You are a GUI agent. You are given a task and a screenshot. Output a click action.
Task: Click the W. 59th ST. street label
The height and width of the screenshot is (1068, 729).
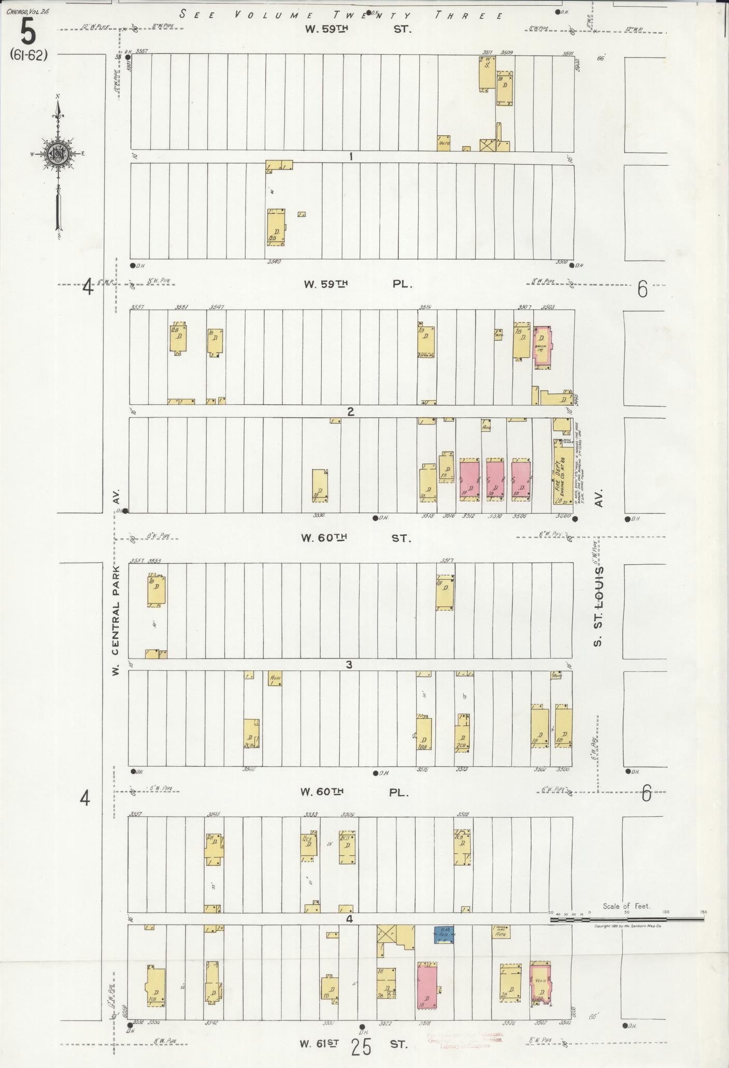[x=358, y=29]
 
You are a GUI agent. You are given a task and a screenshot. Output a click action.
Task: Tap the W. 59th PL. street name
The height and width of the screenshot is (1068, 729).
[x=358, y=284]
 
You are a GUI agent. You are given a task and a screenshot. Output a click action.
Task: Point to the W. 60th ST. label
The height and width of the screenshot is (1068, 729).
[x=356, y=538]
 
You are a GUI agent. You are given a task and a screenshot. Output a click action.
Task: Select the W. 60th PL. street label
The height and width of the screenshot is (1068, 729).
[x=355, y=792]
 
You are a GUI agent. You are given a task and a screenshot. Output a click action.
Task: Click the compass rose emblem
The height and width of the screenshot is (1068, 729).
[x=59, y=153]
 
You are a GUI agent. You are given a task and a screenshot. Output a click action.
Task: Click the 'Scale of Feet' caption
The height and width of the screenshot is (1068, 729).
[x=626, y=906]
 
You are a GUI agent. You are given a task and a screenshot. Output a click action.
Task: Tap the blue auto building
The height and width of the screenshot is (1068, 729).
[x=444, y=934]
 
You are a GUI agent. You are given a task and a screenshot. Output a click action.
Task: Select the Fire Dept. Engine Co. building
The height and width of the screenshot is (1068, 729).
[x=561, y=474]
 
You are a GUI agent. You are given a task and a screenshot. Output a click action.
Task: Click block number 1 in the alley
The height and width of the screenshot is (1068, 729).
[x=351, y=156]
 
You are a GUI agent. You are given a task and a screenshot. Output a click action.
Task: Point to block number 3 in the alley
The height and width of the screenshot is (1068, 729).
[x=349, y=664]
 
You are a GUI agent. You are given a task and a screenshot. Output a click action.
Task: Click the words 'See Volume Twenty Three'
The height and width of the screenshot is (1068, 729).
[x=342, y=14]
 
